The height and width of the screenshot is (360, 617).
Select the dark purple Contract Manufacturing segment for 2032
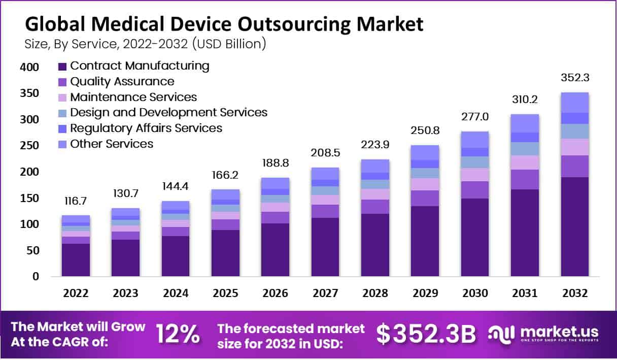[x=574, y=226]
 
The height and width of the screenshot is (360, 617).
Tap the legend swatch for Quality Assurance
[x=62, y=82]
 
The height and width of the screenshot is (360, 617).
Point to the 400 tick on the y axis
[x=29, y=67]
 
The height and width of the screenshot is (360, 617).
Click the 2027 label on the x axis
[x=325, y=293]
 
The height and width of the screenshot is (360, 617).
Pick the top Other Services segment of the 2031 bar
[x=525, y=123]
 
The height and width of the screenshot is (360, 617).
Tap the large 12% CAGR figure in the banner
[x=177, y=334]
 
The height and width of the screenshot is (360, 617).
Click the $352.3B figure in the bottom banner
[x=426, y=334]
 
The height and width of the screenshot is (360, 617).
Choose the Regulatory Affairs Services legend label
[x=146, y=128]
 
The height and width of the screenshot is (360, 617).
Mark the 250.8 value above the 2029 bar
[x=425, y=132]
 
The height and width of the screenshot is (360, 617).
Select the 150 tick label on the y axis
[x=29, y=198]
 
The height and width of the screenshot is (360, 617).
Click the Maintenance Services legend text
[x=133, y=97]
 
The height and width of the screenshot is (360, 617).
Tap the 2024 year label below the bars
[x=175, y=293]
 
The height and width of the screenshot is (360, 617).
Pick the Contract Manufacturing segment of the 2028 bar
[x=375, y=245]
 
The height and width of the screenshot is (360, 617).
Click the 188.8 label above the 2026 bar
[x=275, y=164]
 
